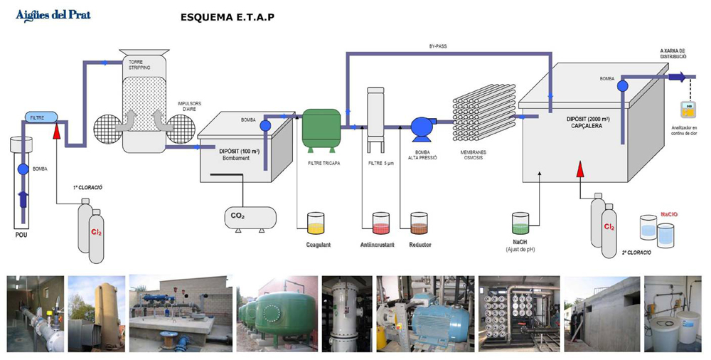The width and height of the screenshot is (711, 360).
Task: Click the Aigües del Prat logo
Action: tap(53, 15)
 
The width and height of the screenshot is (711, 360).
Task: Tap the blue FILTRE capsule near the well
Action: tap(38, 116)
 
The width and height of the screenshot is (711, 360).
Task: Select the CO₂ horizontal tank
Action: tap(250, 217)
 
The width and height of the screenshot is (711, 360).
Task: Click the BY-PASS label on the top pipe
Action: tap(438, 46)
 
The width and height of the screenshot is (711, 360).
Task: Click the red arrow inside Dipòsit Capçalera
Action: tap(580, 169)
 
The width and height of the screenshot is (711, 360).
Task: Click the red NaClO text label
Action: tap(669, 213)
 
